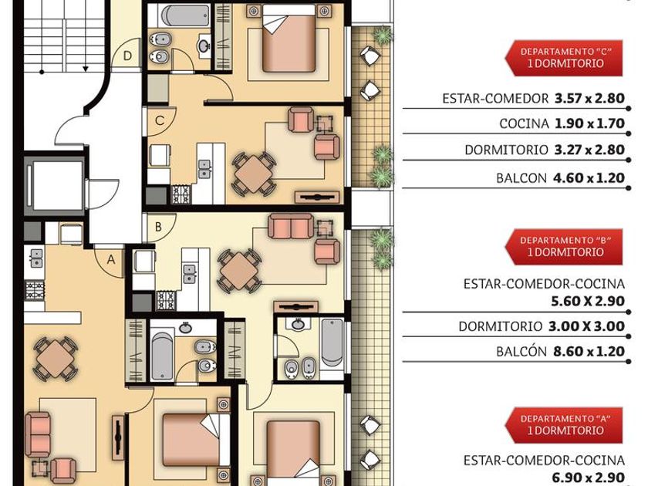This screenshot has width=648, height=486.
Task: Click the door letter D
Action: pyautogui.click(x=127, y=56)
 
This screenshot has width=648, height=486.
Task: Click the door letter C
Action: pyautogui.click(x=160, y=120)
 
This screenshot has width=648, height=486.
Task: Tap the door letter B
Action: pyautogui.click(x=158, y=227)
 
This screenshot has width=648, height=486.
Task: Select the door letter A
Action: pyautogui.click(x=111, y=260)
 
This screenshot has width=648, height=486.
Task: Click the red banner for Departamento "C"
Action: pyautogui.click(x=564, y=58)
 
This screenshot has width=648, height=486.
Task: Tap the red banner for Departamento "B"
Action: pyautogui.click(x=564, y=247)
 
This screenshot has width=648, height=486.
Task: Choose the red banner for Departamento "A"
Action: pyautogui.click(x=564, y=425)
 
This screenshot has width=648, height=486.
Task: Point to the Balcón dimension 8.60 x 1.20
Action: pyautogui.click(x=589, y=352)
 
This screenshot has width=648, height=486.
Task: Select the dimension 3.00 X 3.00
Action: pyautogui.click(x=586, y=326)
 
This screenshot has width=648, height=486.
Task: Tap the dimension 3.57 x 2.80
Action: pyautogui.click(x=589, y=99)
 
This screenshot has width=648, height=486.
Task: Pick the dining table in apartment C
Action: pyautogui.click(x=253, y=174)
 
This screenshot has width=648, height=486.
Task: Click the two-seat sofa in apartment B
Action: pyautogui.click(x=291, y=227)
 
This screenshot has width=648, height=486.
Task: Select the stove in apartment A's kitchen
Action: pyautogui.click(x=35, y=290)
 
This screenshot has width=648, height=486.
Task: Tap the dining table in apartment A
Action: pyautogui.click(x=55, y=358)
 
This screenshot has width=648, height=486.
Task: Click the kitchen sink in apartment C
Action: pyautogui.click(x=204, y=169)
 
